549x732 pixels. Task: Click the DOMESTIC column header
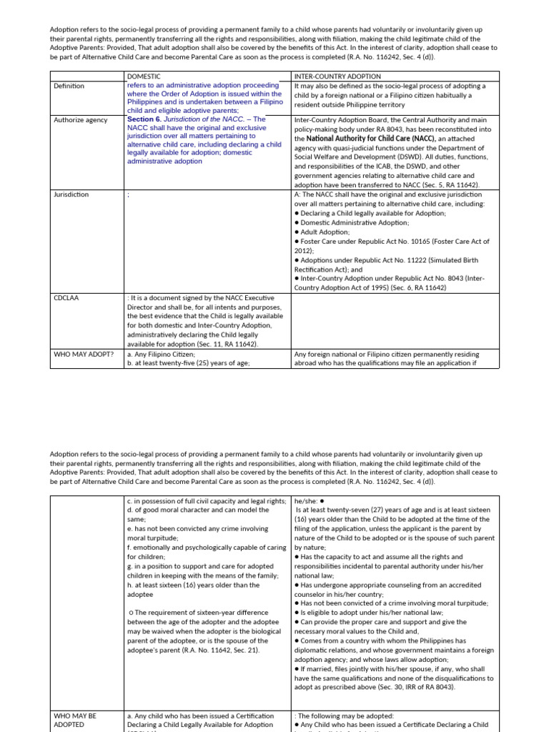point(144,76)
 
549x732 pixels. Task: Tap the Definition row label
point(69,86)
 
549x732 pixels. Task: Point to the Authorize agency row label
point(80,120)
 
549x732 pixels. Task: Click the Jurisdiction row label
point(71,194)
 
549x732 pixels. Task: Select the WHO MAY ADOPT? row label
point(84,354)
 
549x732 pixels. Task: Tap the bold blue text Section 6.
point(144,119)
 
